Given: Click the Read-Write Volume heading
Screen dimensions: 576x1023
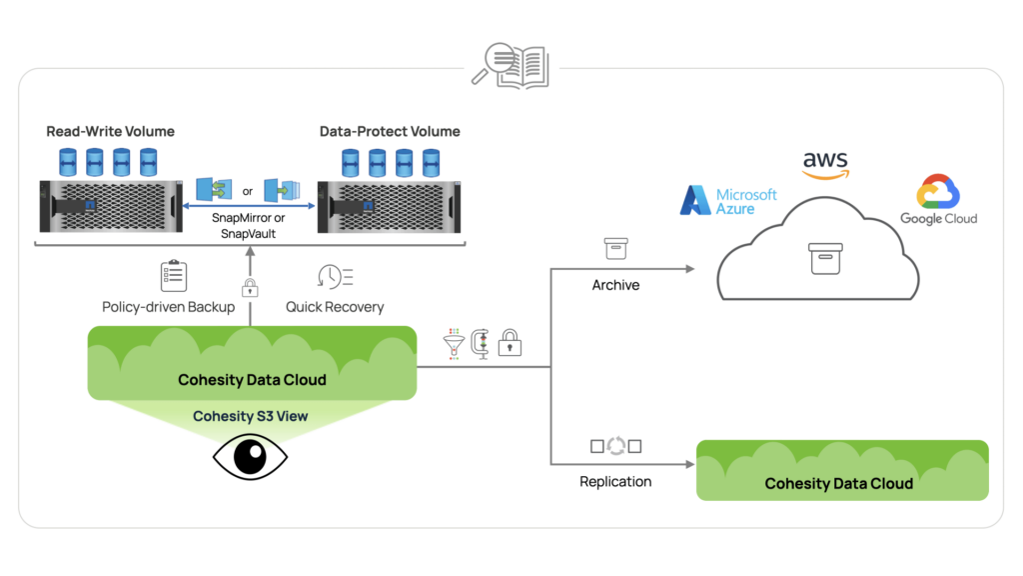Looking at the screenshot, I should coord(110,131).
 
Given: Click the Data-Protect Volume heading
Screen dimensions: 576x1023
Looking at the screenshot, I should coord(390,131).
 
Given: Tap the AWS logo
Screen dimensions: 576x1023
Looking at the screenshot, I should coord(825,165).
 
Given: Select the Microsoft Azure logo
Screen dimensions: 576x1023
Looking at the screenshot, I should coord(728,200).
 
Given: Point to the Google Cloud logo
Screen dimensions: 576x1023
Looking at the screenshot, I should coord(938,200).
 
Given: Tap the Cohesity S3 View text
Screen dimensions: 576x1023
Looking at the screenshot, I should coord(250,416).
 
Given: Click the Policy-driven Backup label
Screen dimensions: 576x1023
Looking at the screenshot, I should coord(168,307).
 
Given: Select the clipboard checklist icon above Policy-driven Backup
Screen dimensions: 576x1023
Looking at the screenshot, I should coord(174,276).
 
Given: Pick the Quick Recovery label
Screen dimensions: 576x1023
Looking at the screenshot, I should coord(335,307).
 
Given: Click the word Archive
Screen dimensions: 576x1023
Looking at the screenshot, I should coord(615,285).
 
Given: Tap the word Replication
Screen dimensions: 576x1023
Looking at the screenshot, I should coord(615,481).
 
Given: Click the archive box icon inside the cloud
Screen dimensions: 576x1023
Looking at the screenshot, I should coord(825,258).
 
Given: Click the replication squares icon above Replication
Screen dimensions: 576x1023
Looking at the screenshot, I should coord(615,446).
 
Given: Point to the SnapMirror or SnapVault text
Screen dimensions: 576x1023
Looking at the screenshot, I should coord(249,225).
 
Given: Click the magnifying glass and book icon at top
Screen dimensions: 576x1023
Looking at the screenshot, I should coord(511,67).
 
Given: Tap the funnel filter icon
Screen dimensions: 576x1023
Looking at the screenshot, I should coord(454,343).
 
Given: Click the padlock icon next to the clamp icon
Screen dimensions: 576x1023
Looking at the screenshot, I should coord(510,343).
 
